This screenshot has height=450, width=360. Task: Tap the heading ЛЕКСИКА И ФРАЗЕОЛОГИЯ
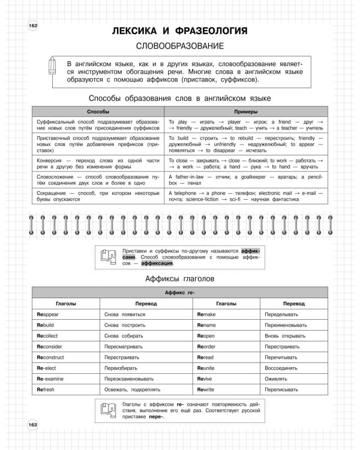(x=179, y=31)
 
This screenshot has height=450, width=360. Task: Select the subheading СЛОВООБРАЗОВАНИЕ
(x=179, y=46)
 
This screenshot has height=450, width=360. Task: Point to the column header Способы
(x=98, y=112)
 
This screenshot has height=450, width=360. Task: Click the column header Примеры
(x=246, y=112)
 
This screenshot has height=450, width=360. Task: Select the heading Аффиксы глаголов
(x=179, y=279)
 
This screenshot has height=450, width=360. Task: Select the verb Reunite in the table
(x=210, y=367)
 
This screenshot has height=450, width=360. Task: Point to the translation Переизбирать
(x=121, y=367)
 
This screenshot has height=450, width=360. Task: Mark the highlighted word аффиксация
(x=158, y=263)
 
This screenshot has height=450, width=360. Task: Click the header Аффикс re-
(x=179, y=293)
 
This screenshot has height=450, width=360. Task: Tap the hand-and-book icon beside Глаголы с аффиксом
(x=107, y=410)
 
